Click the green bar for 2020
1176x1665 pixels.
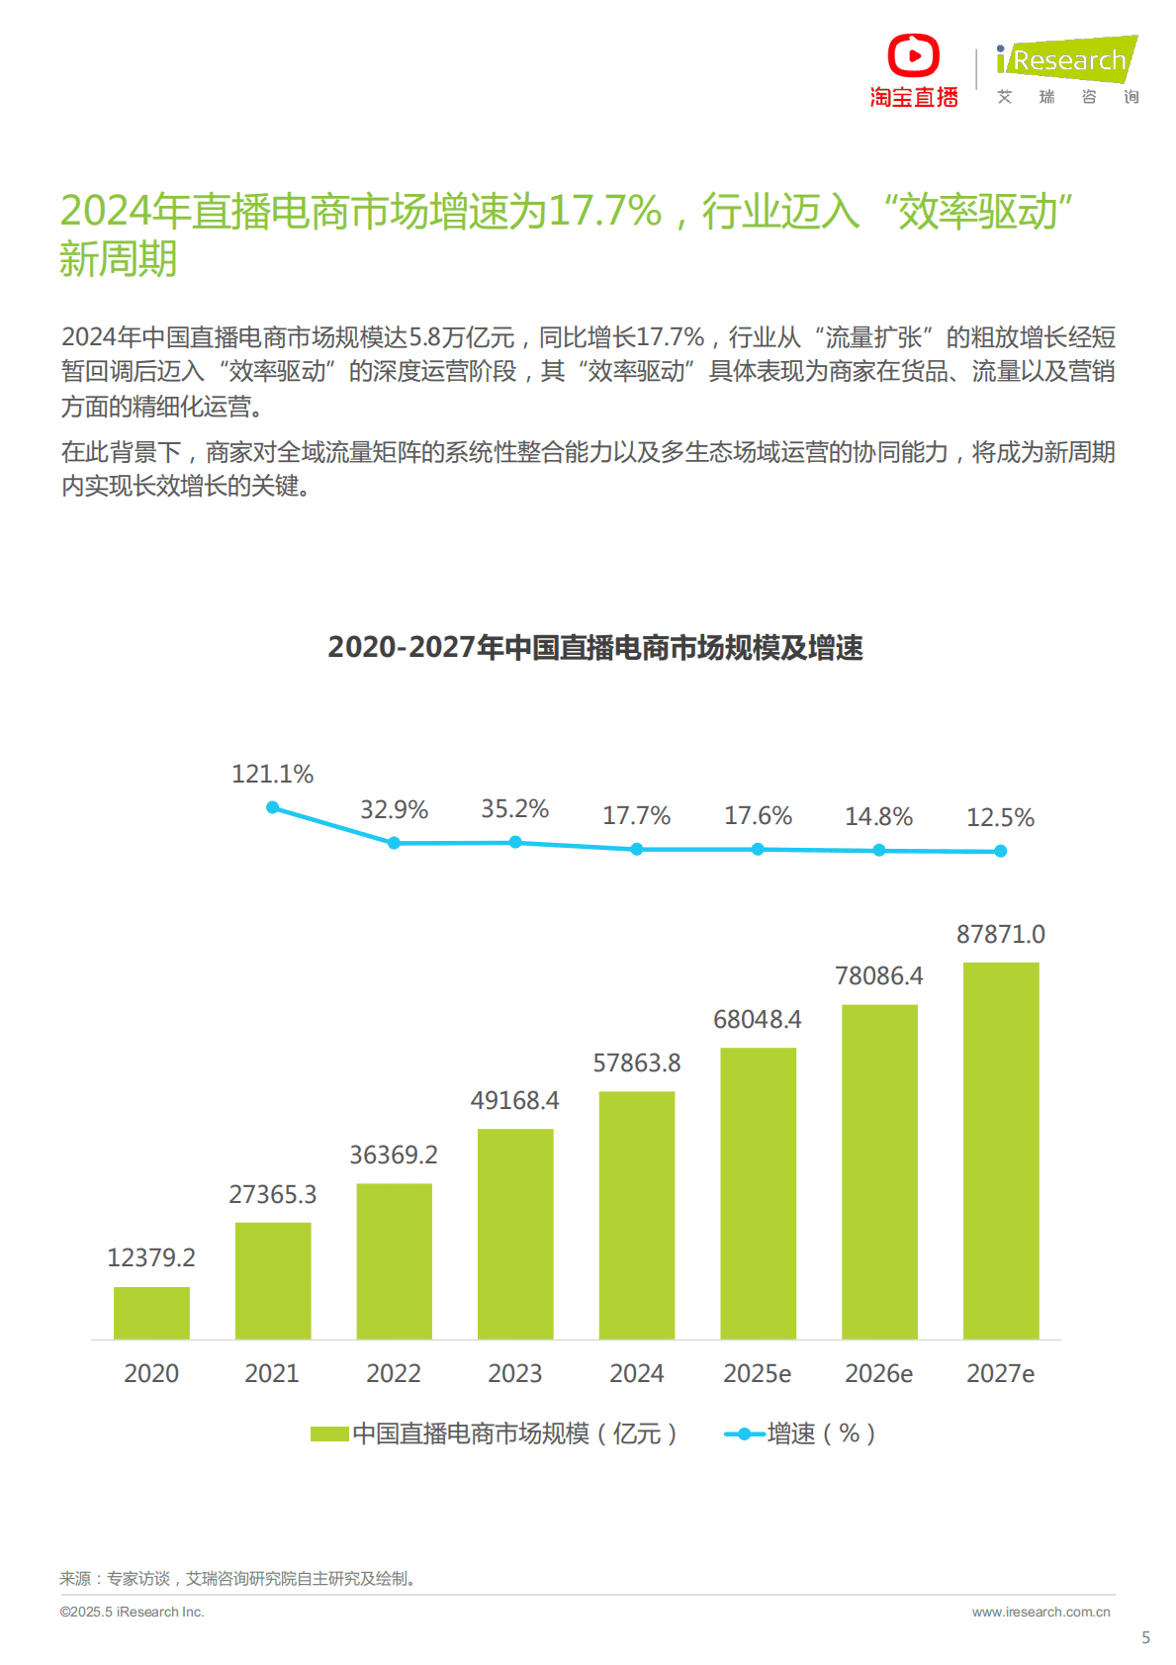pyautogui.click(x=151, y=1313)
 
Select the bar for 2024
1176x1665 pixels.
pyautogui.click(x=637, y=1215)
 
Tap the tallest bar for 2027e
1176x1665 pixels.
pyautogui.click(x=1001, y=1151)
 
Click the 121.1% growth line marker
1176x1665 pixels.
pyautogui.click(x=273, y=807)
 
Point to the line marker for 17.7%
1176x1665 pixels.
pyautogui.click(x=637, y=849)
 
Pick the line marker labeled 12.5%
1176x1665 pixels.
pyautogui.click(x=1001, y=851)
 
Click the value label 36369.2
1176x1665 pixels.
pyautogui.click(x=394, y=1155)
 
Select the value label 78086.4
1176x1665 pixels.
pyautogui.click(x=878, y=975)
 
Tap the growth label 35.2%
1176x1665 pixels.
pyautogui.click(x=514, y=808)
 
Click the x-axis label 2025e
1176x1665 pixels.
pyautogui.click(x=757, y=1373)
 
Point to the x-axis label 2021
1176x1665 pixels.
pyautogui.click(x=272, y=1373)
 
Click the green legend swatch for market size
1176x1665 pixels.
pyautogui.click(x=329, y=1434)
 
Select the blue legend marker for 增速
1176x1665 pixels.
pyautogui.click(x=744, y=1434)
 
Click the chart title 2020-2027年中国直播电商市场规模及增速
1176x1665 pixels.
pyautogui.click(x=595, y=647)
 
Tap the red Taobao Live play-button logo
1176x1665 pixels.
pyautogui.click(x=913, y=55)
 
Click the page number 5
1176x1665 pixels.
pyautogui.click(x=1145, y=1637)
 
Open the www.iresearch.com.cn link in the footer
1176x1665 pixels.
pyautogui.click(x=1040, y=1612)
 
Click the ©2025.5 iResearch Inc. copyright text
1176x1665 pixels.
pyautogui.click(x=132, y=1612)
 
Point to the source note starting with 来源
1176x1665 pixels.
pyautogui.click(x=237, y=1578)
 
